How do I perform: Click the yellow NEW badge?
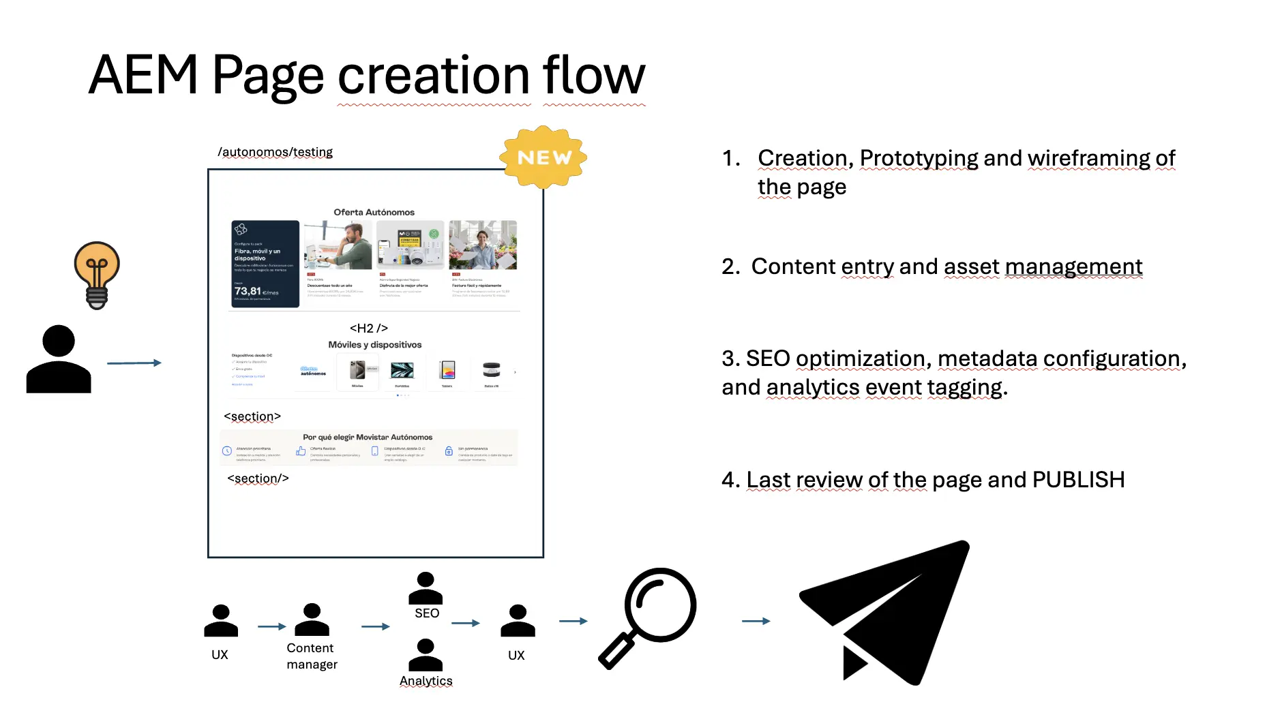click(x=543, y=157)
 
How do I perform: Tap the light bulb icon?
click(x=97, y=274)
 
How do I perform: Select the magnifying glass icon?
click(x=648, y=617)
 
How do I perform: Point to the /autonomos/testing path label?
click(x=275, y=152)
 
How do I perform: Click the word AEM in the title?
click(x=143, y=75)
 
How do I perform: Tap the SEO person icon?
click(x=426, y=588)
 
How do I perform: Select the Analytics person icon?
click(x=426, y=655)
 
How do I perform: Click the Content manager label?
click(x=312, y=656)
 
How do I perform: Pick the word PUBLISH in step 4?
click(x=1078, y=480)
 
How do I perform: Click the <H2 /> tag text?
click(x=368, y=328)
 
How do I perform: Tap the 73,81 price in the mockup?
click(x=248, y=291)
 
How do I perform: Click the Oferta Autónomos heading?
click(x=374, y=212)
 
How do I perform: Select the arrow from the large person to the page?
click(x=134, y=363)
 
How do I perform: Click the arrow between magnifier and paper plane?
click(x=756, y=621)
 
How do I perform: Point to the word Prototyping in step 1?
click(x=919, y=158)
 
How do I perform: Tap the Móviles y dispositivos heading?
click(x=374, y=345)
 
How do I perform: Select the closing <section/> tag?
click(x=258, y=478)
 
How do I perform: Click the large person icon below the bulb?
click(x=59, y=359)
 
